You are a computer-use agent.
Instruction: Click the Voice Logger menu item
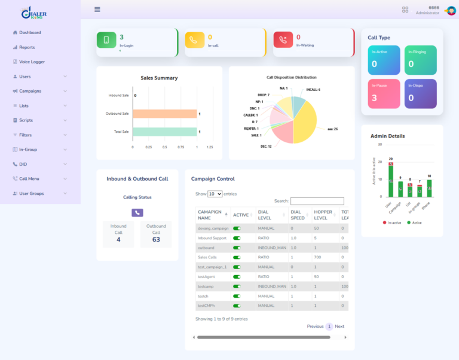[32, 62]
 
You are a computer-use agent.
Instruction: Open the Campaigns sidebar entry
[30, 91]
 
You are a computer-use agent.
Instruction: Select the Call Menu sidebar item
[29, 178]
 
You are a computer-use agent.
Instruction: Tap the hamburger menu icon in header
[97, 10]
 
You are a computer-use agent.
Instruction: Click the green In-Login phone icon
[106, 40]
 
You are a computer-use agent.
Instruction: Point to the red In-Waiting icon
[283, 40]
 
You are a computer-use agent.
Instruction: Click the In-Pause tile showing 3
[383, 94]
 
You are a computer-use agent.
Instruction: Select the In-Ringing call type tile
[420, 60]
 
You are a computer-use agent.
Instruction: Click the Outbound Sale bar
[164, 114]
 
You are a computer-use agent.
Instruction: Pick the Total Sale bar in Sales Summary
[164, 132]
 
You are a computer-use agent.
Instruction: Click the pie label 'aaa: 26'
[332, 129]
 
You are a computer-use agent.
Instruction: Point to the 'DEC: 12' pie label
[266, 146]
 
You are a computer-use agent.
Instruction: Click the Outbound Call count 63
[156, 239]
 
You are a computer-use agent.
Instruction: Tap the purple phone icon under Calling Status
[137, 212]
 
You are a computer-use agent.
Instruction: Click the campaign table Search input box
[317, 202]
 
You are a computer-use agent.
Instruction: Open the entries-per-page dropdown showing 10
[215, 194]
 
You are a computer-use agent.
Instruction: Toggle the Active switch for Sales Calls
[237, 257]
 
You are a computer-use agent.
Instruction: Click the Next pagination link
[339, 327]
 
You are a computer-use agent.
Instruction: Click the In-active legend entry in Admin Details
[392, 222]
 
